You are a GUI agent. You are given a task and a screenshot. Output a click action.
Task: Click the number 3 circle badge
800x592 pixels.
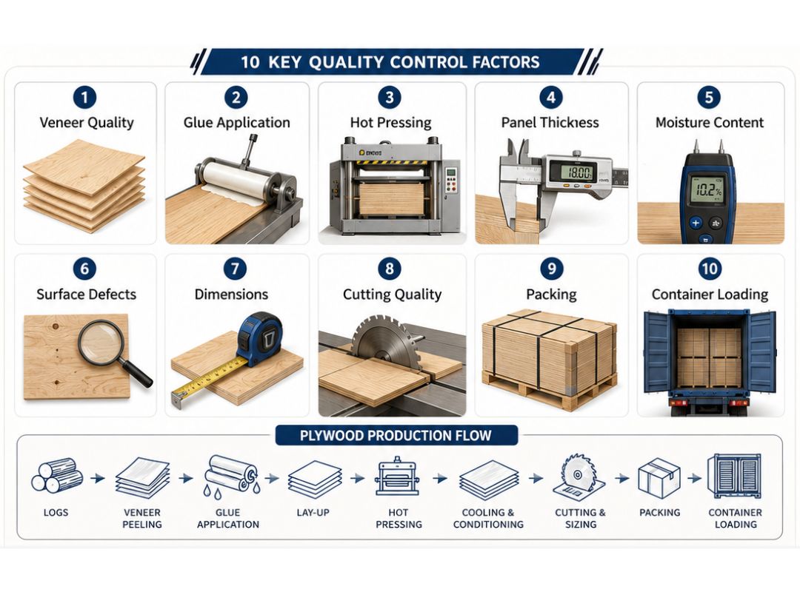390,98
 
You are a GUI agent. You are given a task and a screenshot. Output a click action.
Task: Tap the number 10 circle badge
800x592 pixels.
710,269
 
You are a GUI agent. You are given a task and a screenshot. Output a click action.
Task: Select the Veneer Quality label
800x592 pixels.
87,122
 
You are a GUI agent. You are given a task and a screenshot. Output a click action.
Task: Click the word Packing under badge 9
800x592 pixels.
552,295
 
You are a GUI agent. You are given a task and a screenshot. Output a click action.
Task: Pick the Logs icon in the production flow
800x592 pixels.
56,475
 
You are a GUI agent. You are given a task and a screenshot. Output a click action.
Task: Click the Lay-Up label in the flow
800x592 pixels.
313,513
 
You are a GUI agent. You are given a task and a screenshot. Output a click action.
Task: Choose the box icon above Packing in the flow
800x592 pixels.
659,477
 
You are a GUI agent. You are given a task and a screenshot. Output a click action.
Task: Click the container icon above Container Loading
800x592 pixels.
734,477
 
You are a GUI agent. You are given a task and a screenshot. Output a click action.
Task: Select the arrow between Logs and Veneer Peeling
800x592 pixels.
98,478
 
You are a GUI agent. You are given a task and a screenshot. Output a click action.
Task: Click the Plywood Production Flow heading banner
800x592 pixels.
396,435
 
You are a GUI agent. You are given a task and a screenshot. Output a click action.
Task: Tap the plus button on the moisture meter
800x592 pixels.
695,223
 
